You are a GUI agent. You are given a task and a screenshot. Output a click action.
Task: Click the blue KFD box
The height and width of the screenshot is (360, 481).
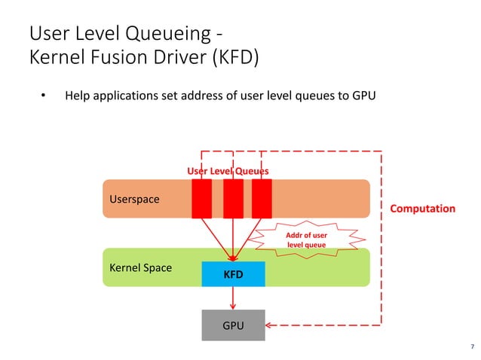pos(234,274)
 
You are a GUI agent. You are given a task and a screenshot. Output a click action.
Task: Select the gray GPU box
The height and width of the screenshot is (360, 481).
pos(233,325)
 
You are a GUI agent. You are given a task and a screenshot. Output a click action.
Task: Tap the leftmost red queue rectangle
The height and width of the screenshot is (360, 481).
pos(201,199)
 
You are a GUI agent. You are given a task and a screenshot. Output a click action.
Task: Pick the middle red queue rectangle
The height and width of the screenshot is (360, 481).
pos(233,199)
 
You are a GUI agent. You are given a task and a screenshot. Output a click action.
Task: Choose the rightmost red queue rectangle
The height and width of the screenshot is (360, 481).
pos(262,199)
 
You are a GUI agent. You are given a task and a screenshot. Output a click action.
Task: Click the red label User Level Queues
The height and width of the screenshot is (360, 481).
pos(228,171)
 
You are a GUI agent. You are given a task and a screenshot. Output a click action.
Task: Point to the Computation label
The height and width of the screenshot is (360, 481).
pos(422,209)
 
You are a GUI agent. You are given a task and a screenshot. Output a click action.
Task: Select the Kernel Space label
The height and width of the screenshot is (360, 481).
pos(141,267)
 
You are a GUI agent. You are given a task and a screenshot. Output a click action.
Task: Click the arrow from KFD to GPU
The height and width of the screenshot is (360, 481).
pos(233,297)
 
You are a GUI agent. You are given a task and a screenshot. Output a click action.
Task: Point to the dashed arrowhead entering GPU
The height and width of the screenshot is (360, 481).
pos(271,325)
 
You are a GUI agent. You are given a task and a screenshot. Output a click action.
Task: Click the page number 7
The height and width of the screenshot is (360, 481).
pos(472,347)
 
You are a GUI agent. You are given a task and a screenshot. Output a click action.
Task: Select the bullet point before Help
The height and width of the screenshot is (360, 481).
pos(43,96)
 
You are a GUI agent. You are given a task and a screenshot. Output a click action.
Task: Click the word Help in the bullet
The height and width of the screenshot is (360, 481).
pos(78,96)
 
